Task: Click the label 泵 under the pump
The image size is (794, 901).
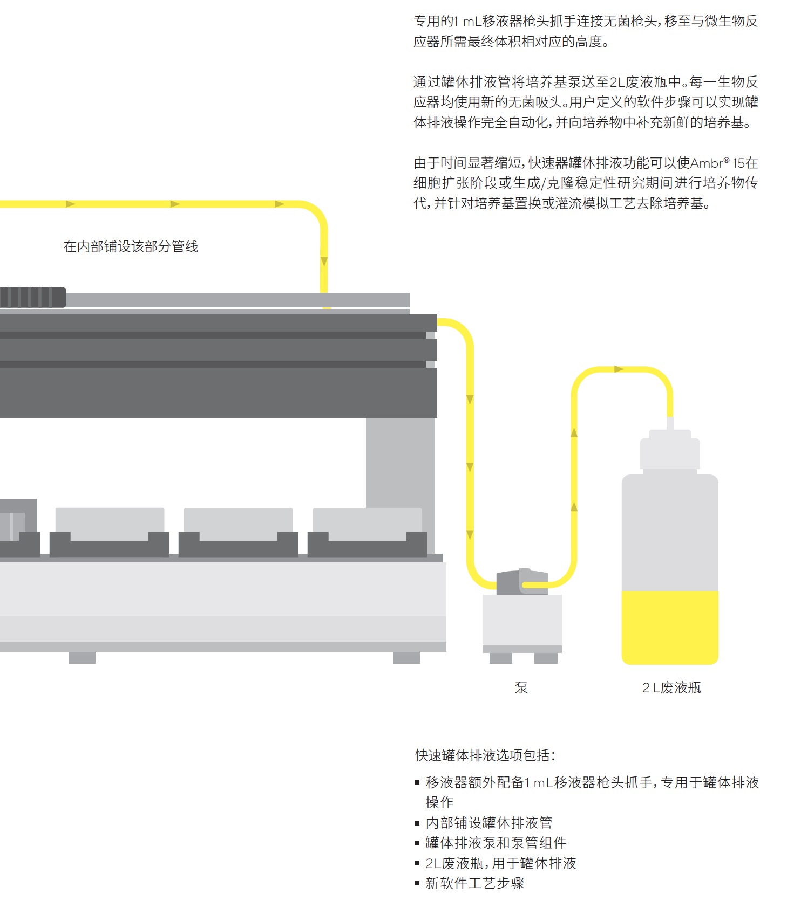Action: point(521,687)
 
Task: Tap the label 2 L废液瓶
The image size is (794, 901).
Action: point(671,687)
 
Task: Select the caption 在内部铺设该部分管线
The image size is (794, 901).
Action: point(131,246)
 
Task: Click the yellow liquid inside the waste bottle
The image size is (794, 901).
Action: point(670,627)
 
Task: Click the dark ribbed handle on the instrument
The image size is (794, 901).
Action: point(33,297)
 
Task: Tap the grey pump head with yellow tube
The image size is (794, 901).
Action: point(522,582)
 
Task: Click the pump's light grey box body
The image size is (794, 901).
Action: point(522,620)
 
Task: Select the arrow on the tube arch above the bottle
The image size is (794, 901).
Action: point(619,369)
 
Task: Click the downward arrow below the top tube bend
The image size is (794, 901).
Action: point(324,262)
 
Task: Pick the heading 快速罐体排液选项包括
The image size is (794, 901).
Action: point(485,755)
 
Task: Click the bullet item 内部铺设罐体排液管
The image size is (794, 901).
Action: point(488,822)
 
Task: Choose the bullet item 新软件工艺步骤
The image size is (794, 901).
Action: point(474,883)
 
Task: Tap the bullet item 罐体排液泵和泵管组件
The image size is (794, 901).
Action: point(496,842)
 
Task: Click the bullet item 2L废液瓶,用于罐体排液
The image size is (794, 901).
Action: point(500,863)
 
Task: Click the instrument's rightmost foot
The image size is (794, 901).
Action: point(406,657)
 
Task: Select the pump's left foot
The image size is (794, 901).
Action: point(501,658)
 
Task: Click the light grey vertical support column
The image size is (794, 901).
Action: point(400,463)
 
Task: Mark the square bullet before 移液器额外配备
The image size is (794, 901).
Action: point(417,782)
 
